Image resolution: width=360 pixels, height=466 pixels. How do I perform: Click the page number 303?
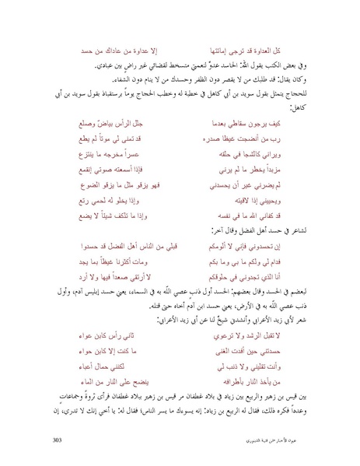(56, 439)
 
